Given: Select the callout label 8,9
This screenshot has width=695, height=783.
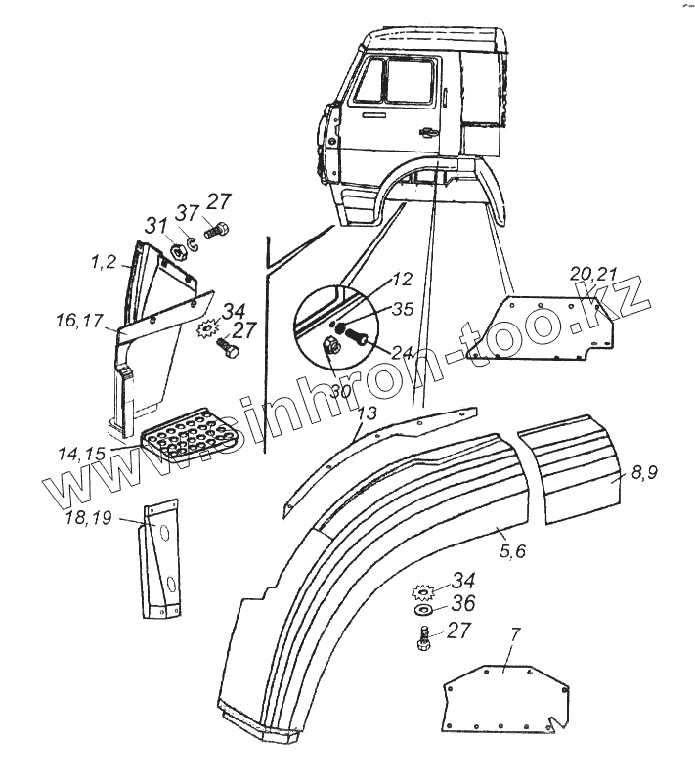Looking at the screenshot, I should pos(643,473).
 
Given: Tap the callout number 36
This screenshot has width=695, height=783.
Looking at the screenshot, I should pos(461,603).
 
